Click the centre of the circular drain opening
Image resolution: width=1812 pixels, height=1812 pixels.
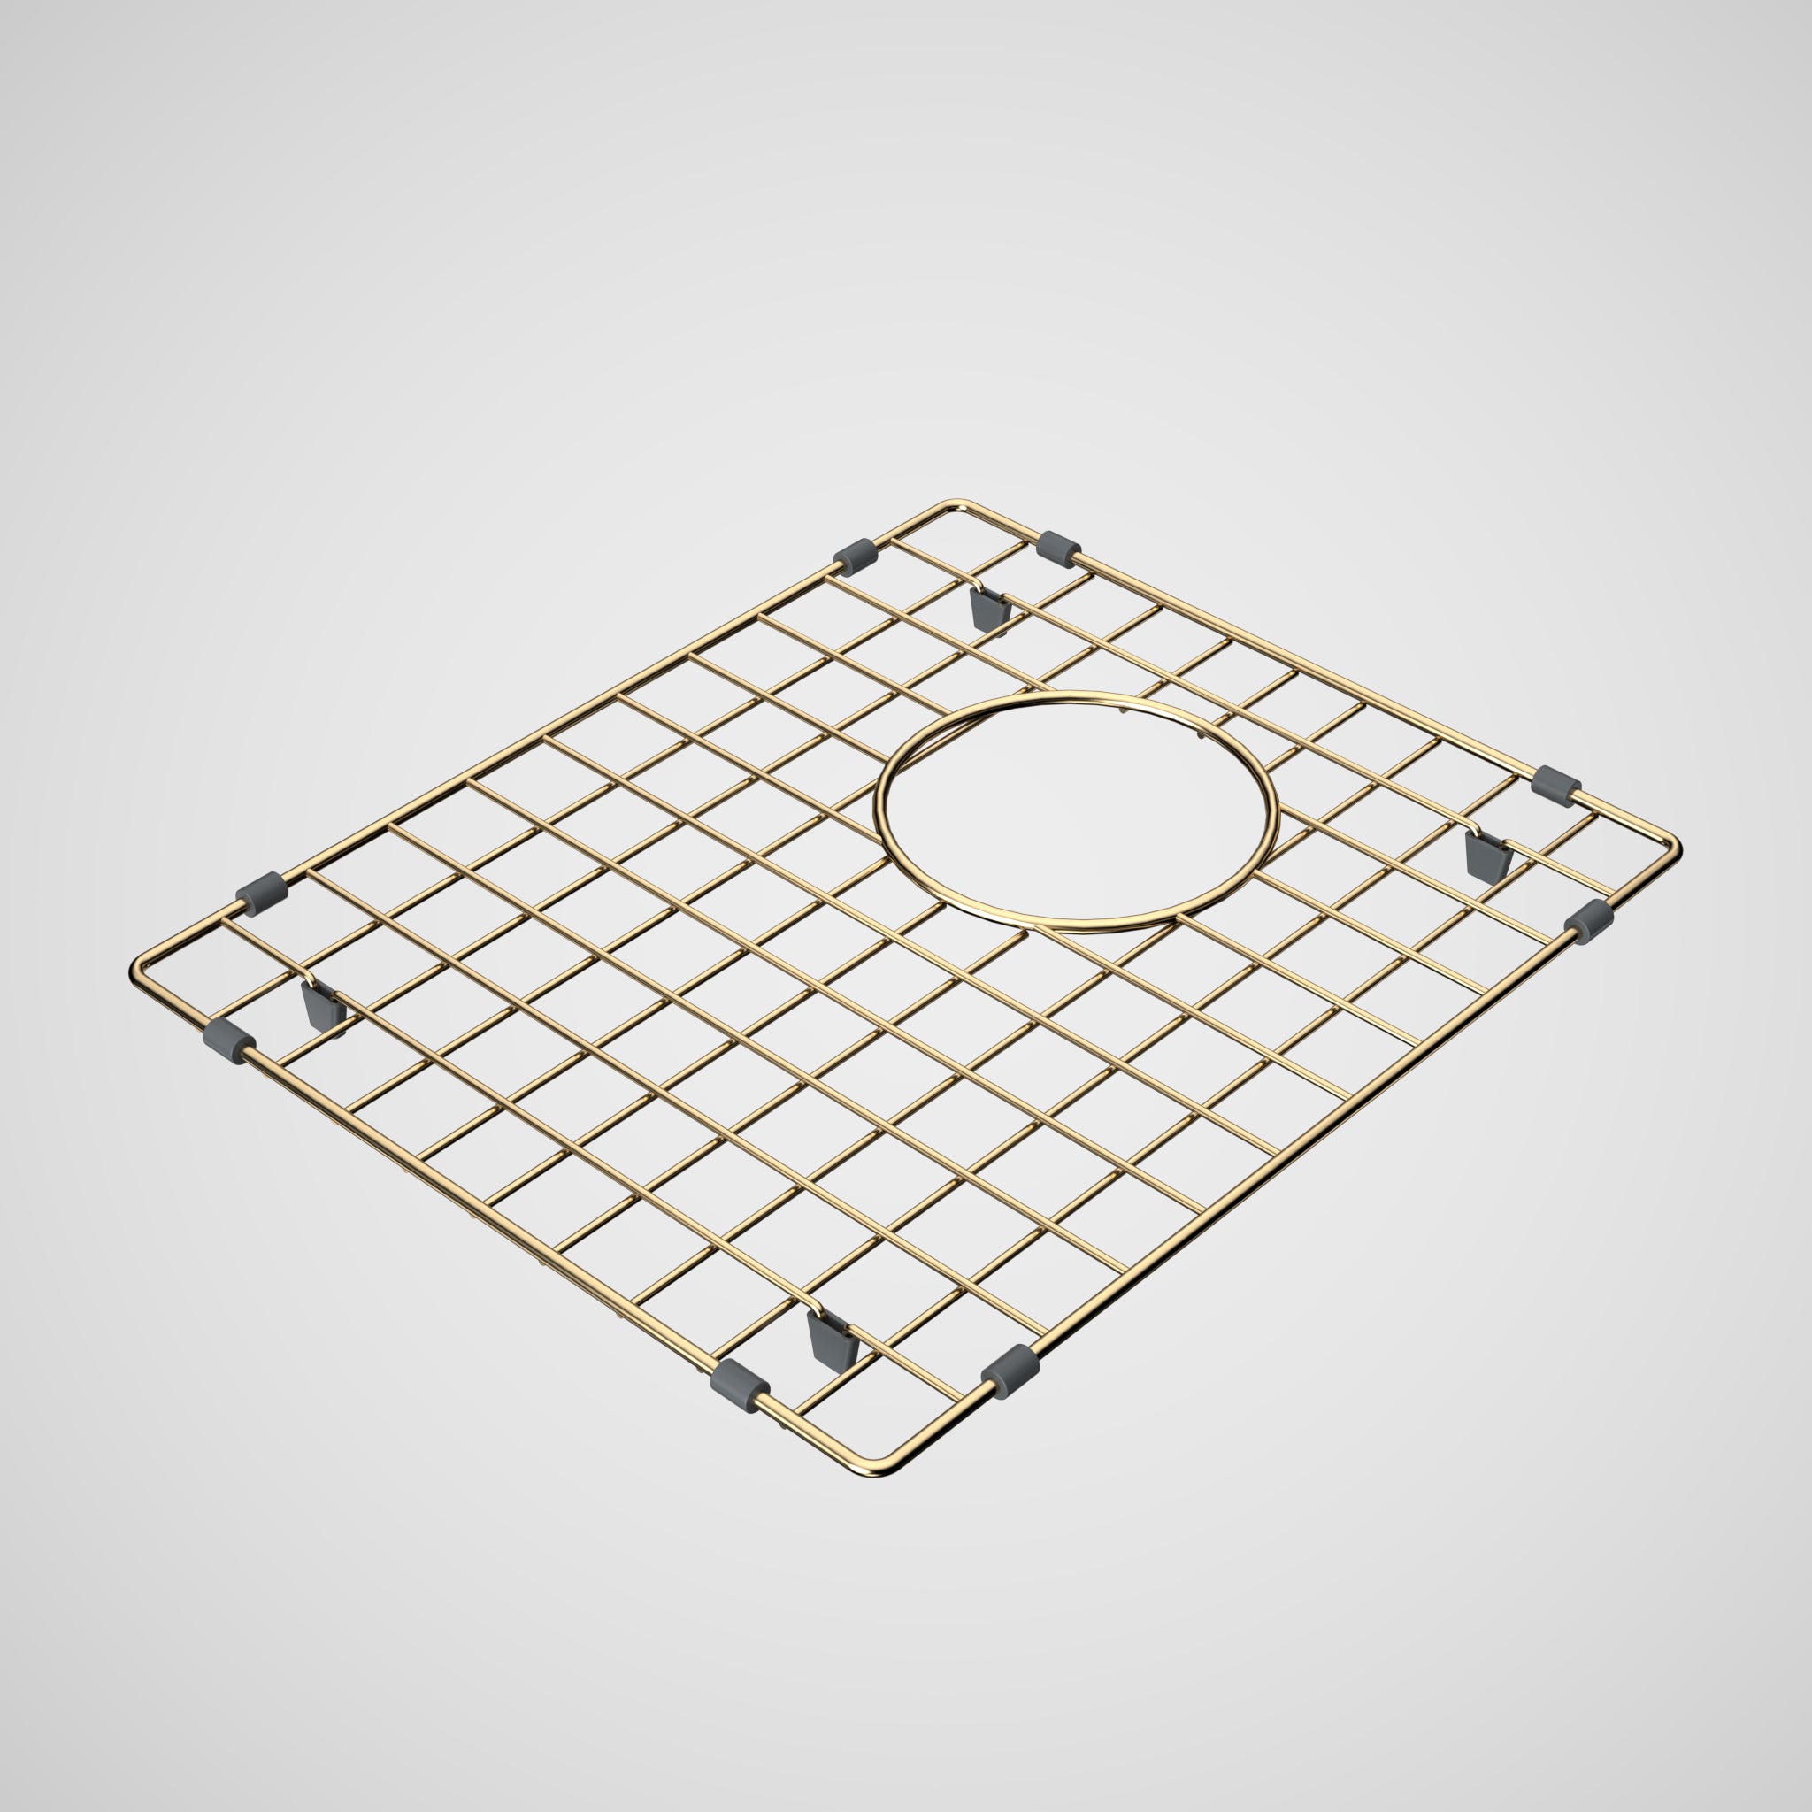tap(1077, 812)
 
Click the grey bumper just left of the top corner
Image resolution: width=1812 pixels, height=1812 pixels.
tap(855, 556)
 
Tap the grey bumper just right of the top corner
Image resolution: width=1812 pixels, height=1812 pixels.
tap(1059, 549)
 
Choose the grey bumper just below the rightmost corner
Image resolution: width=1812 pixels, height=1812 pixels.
tap(1589, 920)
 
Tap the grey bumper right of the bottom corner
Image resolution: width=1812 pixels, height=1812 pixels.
tap(1010, 1371)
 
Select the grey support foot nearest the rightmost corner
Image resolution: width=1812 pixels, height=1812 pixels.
tap(1487, 856)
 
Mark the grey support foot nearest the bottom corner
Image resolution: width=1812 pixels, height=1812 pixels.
tap(829, 1341)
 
